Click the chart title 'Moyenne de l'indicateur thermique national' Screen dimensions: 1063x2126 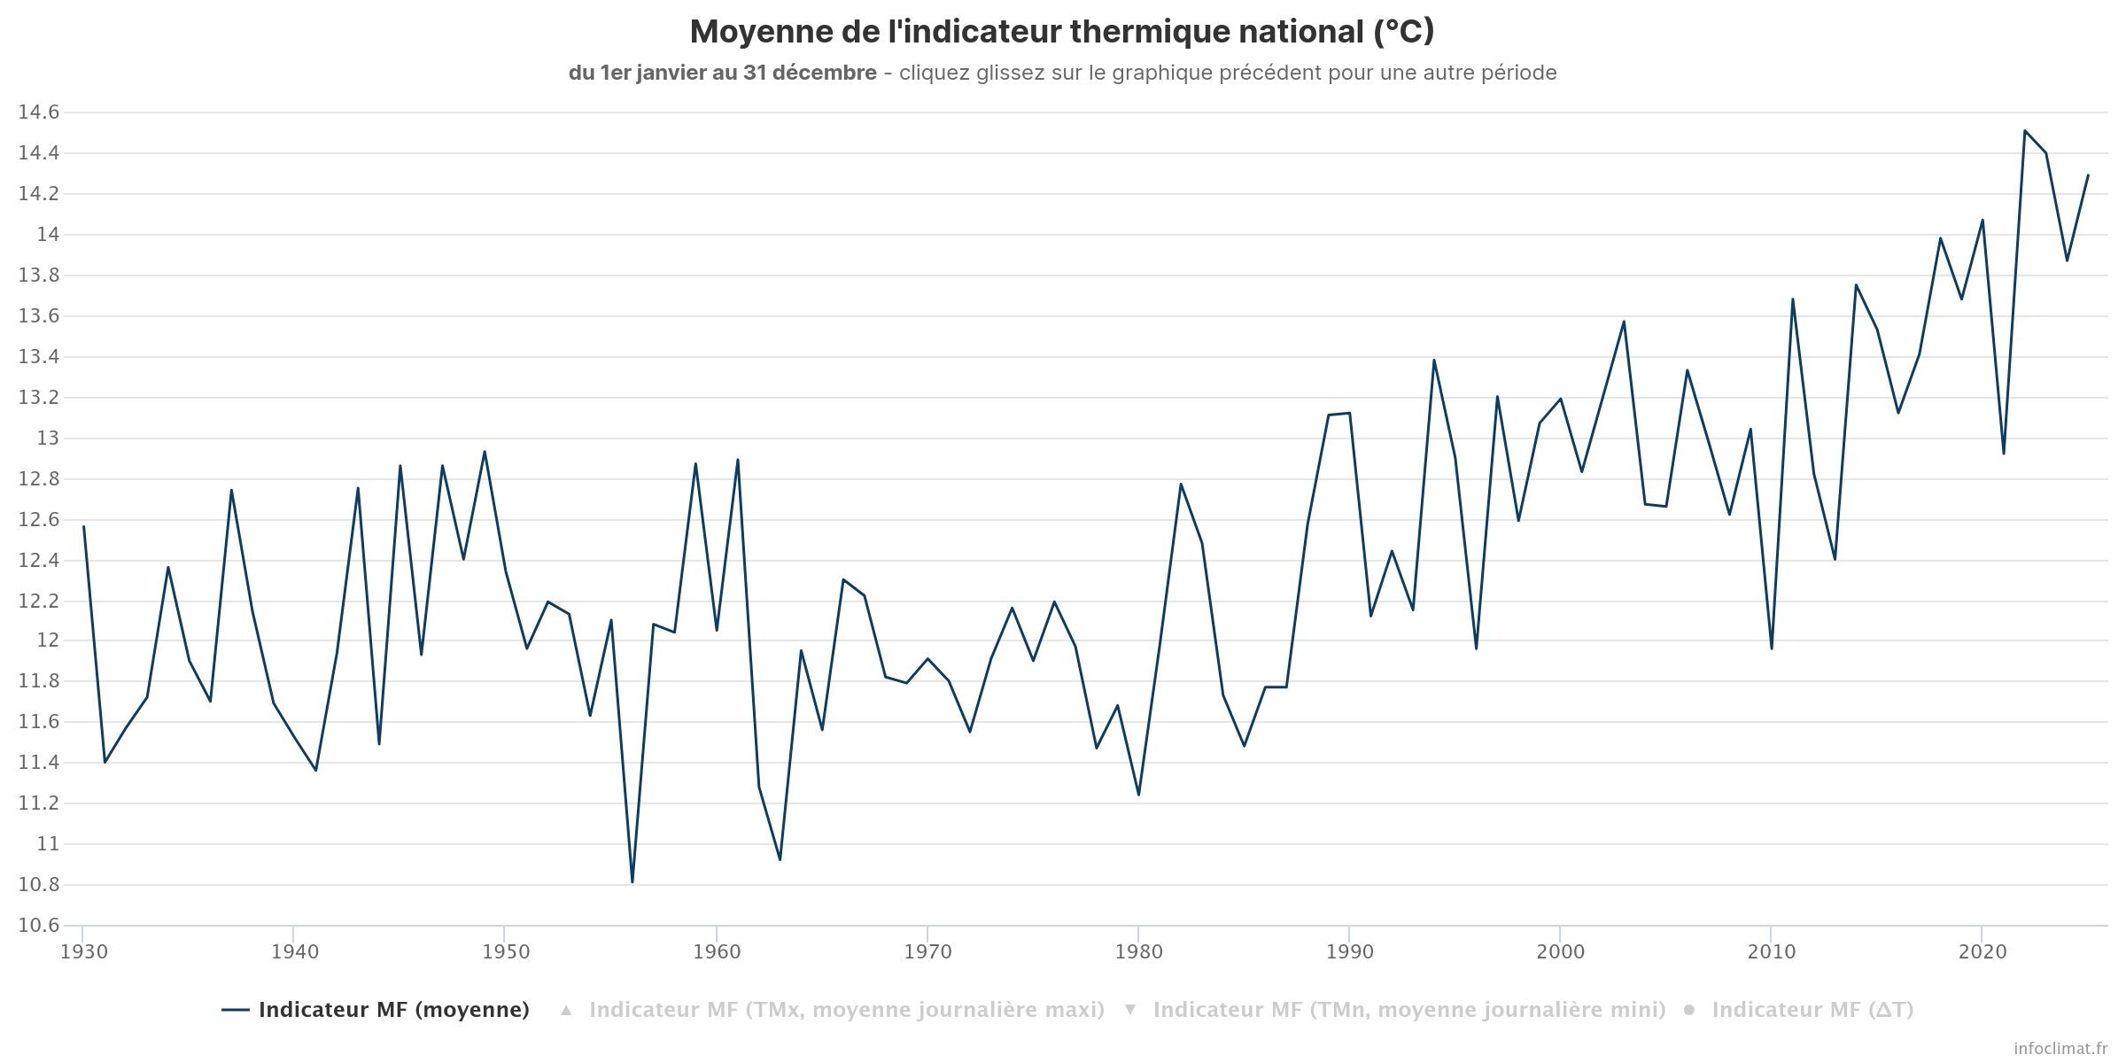(x=1061, y=32)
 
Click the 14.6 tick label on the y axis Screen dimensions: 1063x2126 (x=39, y=113)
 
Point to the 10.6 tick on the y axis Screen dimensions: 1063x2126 (x=39, y=926)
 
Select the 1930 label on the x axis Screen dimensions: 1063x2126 (x=84, y=952)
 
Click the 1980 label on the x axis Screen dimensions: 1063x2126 (x=1139, y=952)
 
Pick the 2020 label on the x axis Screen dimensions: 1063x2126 (x=1982, y=952)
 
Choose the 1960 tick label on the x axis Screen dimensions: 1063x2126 (x=717, y=952)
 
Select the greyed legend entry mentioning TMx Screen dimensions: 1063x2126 (x=846, y=1010)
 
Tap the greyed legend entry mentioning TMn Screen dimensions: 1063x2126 (x=1408, y=1010)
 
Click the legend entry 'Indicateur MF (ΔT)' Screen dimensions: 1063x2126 (x=1812, y=1010)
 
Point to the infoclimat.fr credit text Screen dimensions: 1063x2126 (x=2060, y=1049)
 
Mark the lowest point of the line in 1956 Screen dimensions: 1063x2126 (x=632, y=881)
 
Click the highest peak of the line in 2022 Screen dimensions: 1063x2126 (x=2025, y=131)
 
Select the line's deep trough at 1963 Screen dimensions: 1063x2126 (x=780, y=859)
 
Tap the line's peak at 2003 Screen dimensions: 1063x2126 (x=1624, y=322)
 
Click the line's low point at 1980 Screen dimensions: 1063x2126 (x=1138, y=794)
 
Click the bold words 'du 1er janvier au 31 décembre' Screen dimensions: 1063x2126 (x=723, y=73)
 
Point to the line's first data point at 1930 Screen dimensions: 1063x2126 (x=84, y=526)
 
